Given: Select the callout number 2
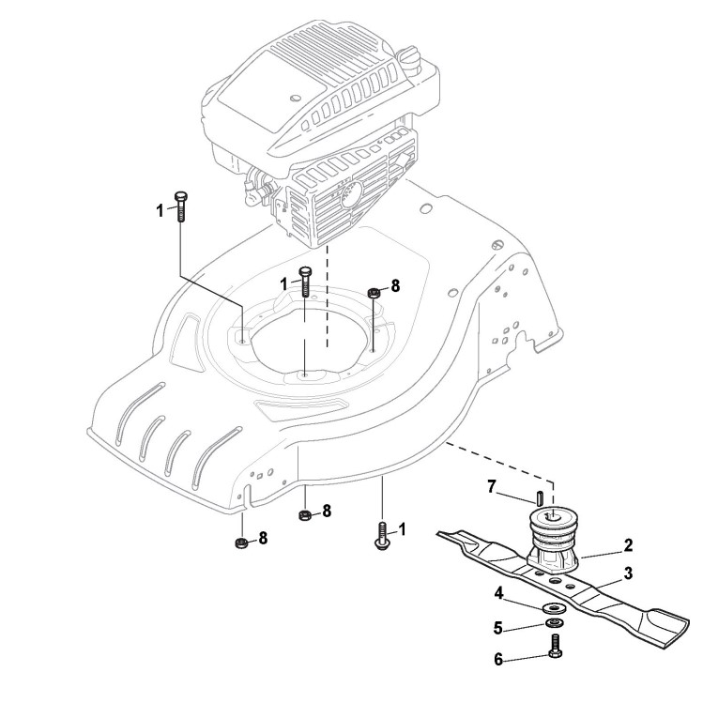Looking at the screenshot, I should pos(628,543).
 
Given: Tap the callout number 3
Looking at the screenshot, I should pos(628,572).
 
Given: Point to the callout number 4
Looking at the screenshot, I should pos(500,592).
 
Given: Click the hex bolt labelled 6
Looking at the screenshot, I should pos(554,648).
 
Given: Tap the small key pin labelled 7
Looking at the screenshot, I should pos(540,496).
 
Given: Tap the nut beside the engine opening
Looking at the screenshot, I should pos(373,293).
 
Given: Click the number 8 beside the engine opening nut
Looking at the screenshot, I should pos(394,285).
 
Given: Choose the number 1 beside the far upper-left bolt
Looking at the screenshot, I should pos(160,208).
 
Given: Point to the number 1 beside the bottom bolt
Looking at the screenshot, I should pos(403,529).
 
